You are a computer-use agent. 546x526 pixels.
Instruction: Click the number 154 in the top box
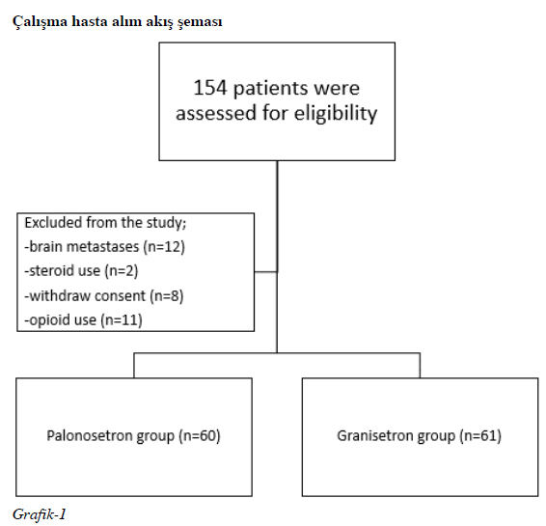[210, 88]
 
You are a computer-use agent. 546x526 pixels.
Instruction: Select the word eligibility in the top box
[336, 114]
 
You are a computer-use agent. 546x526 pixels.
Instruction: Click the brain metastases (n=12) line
[104, 247]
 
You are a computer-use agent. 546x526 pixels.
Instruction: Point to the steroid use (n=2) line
[81, 270]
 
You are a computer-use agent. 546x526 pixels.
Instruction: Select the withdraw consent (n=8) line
[104, 295]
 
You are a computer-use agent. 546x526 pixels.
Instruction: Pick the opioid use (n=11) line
[83, 320]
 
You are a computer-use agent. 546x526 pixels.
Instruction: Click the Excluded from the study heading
[105, 223]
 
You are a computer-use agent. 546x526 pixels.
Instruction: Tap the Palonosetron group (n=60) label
[133, 436]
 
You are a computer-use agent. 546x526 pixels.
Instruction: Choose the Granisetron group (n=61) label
[420, 436]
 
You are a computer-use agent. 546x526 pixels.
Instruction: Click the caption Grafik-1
[39, 514]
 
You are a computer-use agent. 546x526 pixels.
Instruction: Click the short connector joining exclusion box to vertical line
[265, 272]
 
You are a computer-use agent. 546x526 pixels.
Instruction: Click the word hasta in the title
[90, 21]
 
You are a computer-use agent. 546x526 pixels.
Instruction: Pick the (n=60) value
[200, 436]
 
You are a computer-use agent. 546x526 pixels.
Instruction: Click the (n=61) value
[480, 436]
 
